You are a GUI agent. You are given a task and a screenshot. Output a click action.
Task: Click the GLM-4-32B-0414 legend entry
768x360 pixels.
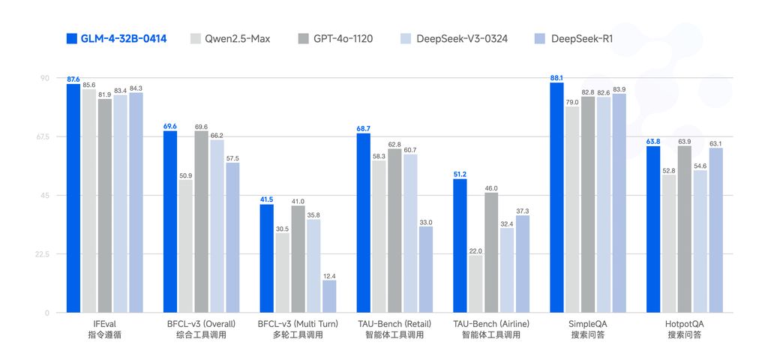(116, 38)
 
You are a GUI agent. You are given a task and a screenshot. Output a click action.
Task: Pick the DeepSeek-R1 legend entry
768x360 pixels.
(573, 38)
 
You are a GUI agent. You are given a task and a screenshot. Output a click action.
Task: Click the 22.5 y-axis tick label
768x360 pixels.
(43, 254)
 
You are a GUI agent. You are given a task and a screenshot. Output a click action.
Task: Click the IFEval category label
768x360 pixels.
(104, 324)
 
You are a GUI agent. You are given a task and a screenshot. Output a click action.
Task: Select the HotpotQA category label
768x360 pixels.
(684, 324)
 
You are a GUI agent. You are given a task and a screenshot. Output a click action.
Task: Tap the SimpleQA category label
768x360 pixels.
(588, 324)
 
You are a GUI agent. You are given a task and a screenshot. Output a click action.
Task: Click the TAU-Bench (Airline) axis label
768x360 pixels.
(491, 324)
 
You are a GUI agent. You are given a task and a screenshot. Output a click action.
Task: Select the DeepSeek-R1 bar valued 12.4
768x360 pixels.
(329, 296)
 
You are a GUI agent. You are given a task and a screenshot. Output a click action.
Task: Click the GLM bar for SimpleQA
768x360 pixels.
(556, 198)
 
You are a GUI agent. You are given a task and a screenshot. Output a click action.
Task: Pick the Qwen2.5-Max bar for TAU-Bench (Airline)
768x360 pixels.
(475, 284)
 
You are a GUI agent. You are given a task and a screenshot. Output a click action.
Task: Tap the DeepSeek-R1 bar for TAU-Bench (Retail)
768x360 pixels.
(426, 270)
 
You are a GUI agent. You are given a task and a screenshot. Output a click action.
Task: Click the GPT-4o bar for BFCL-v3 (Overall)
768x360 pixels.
(201, 222)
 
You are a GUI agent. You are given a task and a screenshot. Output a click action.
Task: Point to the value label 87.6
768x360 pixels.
(73, 79)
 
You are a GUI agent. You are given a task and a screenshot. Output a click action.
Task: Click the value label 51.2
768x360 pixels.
(460, 174)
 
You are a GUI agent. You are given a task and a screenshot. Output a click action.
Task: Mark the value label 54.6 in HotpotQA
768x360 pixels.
(700, 166)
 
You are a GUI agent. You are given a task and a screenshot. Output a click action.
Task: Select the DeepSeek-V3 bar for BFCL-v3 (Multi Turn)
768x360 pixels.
(313, 266)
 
